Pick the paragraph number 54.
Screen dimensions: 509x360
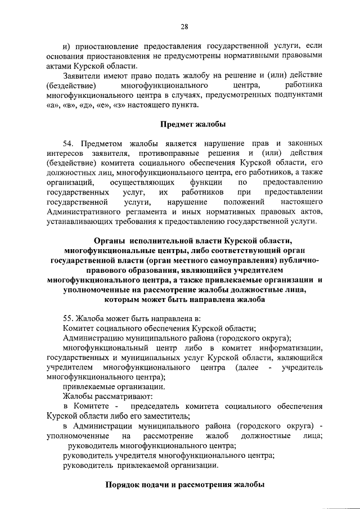(x=69, y=143)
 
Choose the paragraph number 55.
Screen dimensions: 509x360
(x=69, y=319)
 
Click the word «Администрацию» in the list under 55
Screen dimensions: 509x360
(x=93, y=338)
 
